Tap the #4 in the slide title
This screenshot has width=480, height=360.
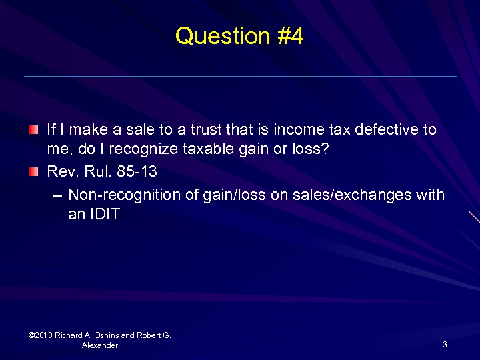288,36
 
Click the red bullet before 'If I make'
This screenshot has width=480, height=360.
34,128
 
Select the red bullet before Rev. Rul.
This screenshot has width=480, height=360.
34,172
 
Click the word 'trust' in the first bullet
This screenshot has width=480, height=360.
203,129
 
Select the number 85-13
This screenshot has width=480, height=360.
137,171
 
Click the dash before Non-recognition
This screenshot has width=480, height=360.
56,195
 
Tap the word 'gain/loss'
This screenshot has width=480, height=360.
238,195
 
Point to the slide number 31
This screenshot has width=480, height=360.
446,345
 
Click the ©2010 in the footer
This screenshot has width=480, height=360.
40,335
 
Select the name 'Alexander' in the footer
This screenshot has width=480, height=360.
100,345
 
